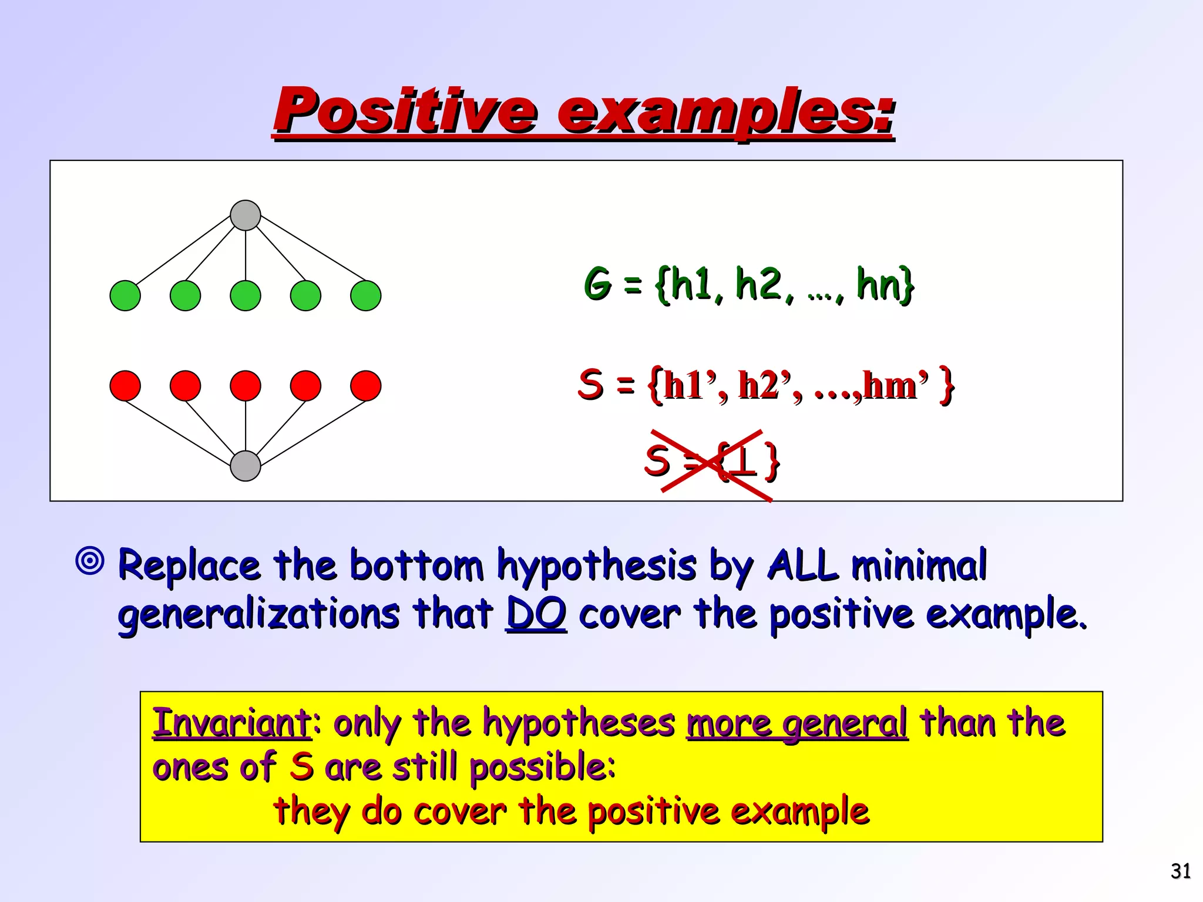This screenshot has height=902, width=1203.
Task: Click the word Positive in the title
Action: point(405,110)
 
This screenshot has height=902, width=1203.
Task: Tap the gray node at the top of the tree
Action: point(246,215)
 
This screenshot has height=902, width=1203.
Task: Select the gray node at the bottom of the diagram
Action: point(246,466)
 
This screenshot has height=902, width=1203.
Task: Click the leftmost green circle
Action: point(125,295)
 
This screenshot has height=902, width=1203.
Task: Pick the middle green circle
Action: point(246,295)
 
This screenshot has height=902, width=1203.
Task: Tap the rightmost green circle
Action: point(365,295)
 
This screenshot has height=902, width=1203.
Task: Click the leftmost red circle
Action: point(125,386)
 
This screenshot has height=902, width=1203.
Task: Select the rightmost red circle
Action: point(365,386)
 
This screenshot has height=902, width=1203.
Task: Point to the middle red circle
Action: point(246,386)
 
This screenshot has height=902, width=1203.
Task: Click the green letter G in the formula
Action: point(598,284)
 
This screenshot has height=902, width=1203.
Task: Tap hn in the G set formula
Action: point(878,284)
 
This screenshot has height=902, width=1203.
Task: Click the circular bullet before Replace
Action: point(90,561)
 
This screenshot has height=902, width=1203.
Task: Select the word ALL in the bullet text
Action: point(802,565)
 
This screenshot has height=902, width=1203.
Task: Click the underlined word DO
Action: point(536,614)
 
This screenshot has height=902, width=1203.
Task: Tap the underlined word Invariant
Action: point(231,722)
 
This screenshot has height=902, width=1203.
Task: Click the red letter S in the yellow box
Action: point(301,767)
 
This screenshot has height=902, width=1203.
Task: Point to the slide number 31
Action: point(1181,871)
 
